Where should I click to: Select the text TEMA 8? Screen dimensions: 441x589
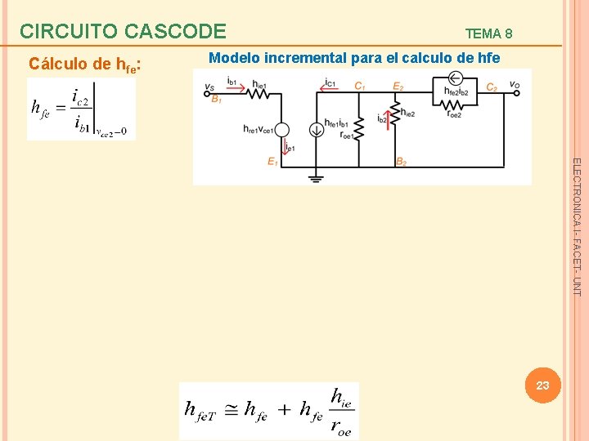click(488, 33)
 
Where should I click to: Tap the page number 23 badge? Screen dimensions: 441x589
click(542, 385)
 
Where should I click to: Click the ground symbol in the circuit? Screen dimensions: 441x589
click(314, 176)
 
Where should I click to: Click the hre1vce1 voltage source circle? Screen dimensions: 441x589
click(282, 129)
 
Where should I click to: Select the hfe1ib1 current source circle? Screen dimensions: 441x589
click(315, 129)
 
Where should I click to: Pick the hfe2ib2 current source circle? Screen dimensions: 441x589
click(456, 79)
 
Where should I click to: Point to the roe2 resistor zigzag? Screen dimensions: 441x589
click(456, 105)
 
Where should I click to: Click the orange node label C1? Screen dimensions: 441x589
click(359, 87)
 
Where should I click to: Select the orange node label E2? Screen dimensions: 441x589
click(398, 87)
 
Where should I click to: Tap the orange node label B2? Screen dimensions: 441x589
click(401, 162)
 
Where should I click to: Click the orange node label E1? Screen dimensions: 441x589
click(272, 162)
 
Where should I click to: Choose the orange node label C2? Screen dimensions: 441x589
click(492, 87)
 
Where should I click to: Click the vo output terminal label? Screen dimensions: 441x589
click(514, 84)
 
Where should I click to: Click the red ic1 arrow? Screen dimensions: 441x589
click(330, 87)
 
